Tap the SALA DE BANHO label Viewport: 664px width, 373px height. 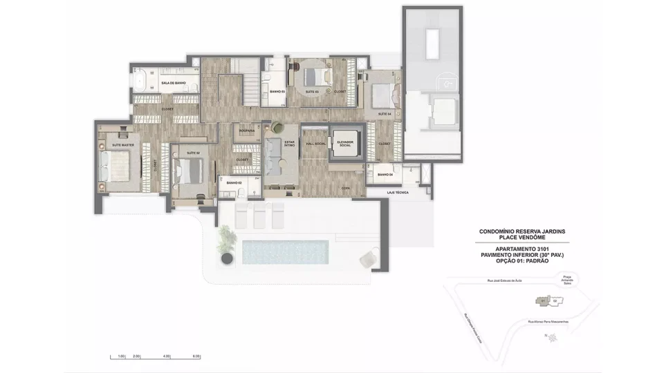point(173,83)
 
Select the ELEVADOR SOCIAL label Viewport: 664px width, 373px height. point(344,143)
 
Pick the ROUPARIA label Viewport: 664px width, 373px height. point(247,130)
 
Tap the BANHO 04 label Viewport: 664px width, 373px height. point(385,175)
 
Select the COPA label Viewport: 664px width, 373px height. point(344,187)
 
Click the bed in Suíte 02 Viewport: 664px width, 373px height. point(189,170)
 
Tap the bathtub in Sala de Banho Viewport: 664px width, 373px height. point(141,82)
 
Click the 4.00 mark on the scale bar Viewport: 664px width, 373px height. point(166,356)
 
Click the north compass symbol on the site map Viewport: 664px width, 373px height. point(552,337)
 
